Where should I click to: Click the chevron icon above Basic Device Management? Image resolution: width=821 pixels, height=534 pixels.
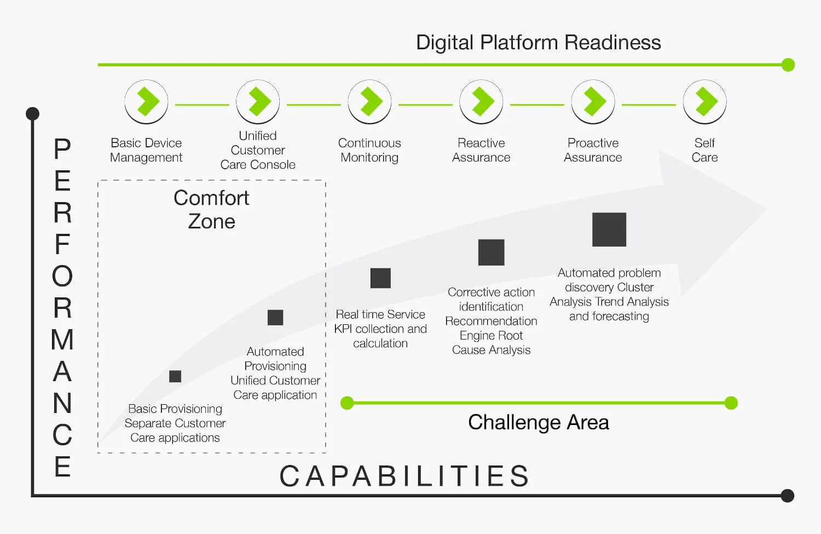click(146, 102)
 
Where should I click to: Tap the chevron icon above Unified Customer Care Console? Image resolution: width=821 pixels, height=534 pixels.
click(258, 102)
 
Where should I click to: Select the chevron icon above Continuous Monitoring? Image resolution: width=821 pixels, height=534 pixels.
click(369, 102)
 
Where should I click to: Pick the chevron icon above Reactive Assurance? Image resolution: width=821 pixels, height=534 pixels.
click(481, 102)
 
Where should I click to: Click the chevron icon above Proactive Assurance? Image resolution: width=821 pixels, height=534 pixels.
click(593, 102)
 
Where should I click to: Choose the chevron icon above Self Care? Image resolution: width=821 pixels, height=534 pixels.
click(704, 102)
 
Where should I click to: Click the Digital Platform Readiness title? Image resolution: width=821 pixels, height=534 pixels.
click(538, 43)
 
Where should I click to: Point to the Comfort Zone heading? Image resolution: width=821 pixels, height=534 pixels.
click(211, 210)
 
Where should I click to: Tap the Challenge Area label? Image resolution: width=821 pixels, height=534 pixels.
click(538, 422)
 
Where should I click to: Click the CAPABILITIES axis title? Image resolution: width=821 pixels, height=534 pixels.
click(405, 476)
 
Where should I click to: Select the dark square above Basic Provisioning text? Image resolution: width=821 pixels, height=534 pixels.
click(175, 376)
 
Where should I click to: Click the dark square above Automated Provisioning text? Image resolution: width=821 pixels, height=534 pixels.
click(275, 318)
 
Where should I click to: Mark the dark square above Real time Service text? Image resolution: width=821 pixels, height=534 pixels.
click(380, 278)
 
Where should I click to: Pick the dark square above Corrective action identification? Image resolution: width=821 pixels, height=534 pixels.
click(491, 252)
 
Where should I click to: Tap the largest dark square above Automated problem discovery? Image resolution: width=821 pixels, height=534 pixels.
click(609, 229)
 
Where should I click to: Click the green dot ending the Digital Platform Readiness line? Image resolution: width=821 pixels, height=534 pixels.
click(788, 65)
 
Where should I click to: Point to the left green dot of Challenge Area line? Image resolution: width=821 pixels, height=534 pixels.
click(347, 403)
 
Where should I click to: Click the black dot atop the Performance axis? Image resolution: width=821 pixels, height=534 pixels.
click(33, 113)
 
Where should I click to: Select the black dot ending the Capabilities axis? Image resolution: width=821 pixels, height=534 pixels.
click(788, 496)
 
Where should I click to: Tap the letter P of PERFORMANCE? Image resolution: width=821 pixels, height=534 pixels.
click(62, 149)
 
